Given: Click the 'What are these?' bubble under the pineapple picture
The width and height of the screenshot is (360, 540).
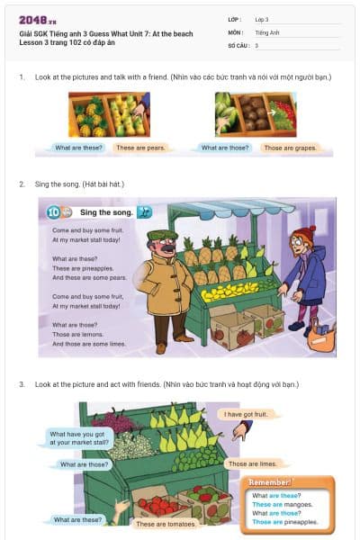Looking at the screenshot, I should [x=78, y=147].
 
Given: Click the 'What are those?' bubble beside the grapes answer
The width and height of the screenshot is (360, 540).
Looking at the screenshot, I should [x=225, y=147].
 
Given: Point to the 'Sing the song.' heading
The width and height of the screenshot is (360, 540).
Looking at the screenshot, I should [x=106, y=212].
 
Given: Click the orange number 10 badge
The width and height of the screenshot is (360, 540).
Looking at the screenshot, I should [x=54, y=212].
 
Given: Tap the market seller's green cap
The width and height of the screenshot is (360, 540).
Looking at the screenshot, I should [x=163, y=235].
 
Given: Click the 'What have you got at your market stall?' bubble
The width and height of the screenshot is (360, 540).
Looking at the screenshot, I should [x=78, y=438].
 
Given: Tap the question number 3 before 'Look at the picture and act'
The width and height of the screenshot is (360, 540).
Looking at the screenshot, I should [x=22, y=384].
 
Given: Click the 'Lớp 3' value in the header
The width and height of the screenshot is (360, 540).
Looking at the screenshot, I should [x=263, y=19].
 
